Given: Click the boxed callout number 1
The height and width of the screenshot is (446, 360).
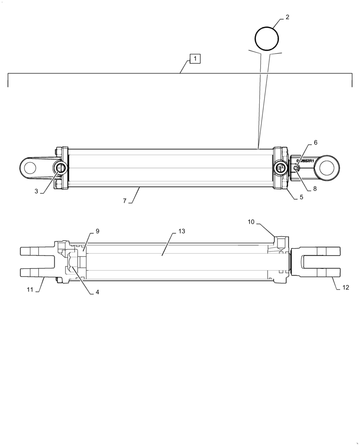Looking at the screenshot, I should tap(195, 58).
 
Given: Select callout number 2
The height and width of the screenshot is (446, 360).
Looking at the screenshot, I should tap(287, 17).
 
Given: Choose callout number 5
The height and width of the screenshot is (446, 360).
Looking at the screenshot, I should tap(301, 196).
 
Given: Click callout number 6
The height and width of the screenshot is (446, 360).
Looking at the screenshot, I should tap(315, 143).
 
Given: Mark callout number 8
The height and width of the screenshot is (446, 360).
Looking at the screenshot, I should tap(315, 189).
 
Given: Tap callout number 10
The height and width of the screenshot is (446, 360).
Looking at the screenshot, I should tap(251, 222).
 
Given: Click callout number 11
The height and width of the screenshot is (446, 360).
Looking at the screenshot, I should tap(30, 290).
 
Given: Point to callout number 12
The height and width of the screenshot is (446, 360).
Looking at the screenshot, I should tap(346, 288).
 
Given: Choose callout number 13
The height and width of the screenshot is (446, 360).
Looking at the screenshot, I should tap(181, 231).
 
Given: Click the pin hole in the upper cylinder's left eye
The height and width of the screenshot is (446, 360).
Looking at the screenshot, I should tap(30, 168).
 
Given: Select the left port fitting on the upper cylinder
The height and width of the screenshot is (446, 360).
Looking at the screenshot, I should tap(60, 168).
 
